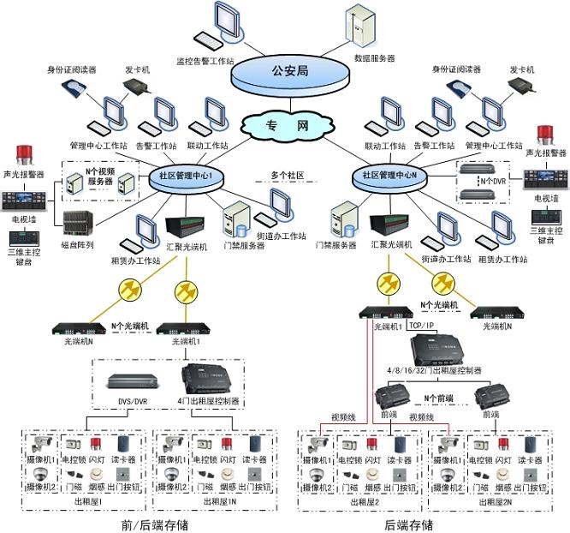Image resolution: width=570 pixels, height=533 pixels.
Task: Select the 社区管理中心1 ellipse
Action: coord(186,176)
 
